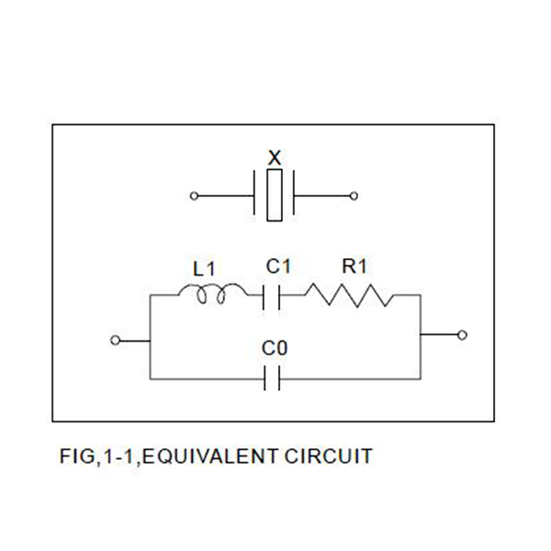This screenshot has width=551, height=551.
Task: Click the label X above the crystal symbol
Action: (274, 157)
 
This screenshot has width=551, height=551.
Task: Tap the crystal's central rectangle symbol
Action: (274, 196)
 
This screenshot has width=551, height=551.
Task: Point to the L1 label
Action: (204, 269)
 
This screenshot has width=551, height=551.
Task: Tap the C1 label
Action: (278, 266)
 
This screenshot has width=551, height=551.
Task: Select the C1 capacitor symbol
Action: (271, 296)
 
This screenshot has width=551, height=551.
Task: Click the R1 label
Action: (354, 266)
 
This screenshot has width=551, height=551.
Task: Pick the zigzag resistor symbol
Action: (349, 296)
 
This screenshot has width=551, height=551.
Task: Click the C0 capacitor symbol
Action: (271, 377)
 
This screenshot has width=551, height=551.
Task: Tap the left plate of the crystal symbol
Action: (253, 196)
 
